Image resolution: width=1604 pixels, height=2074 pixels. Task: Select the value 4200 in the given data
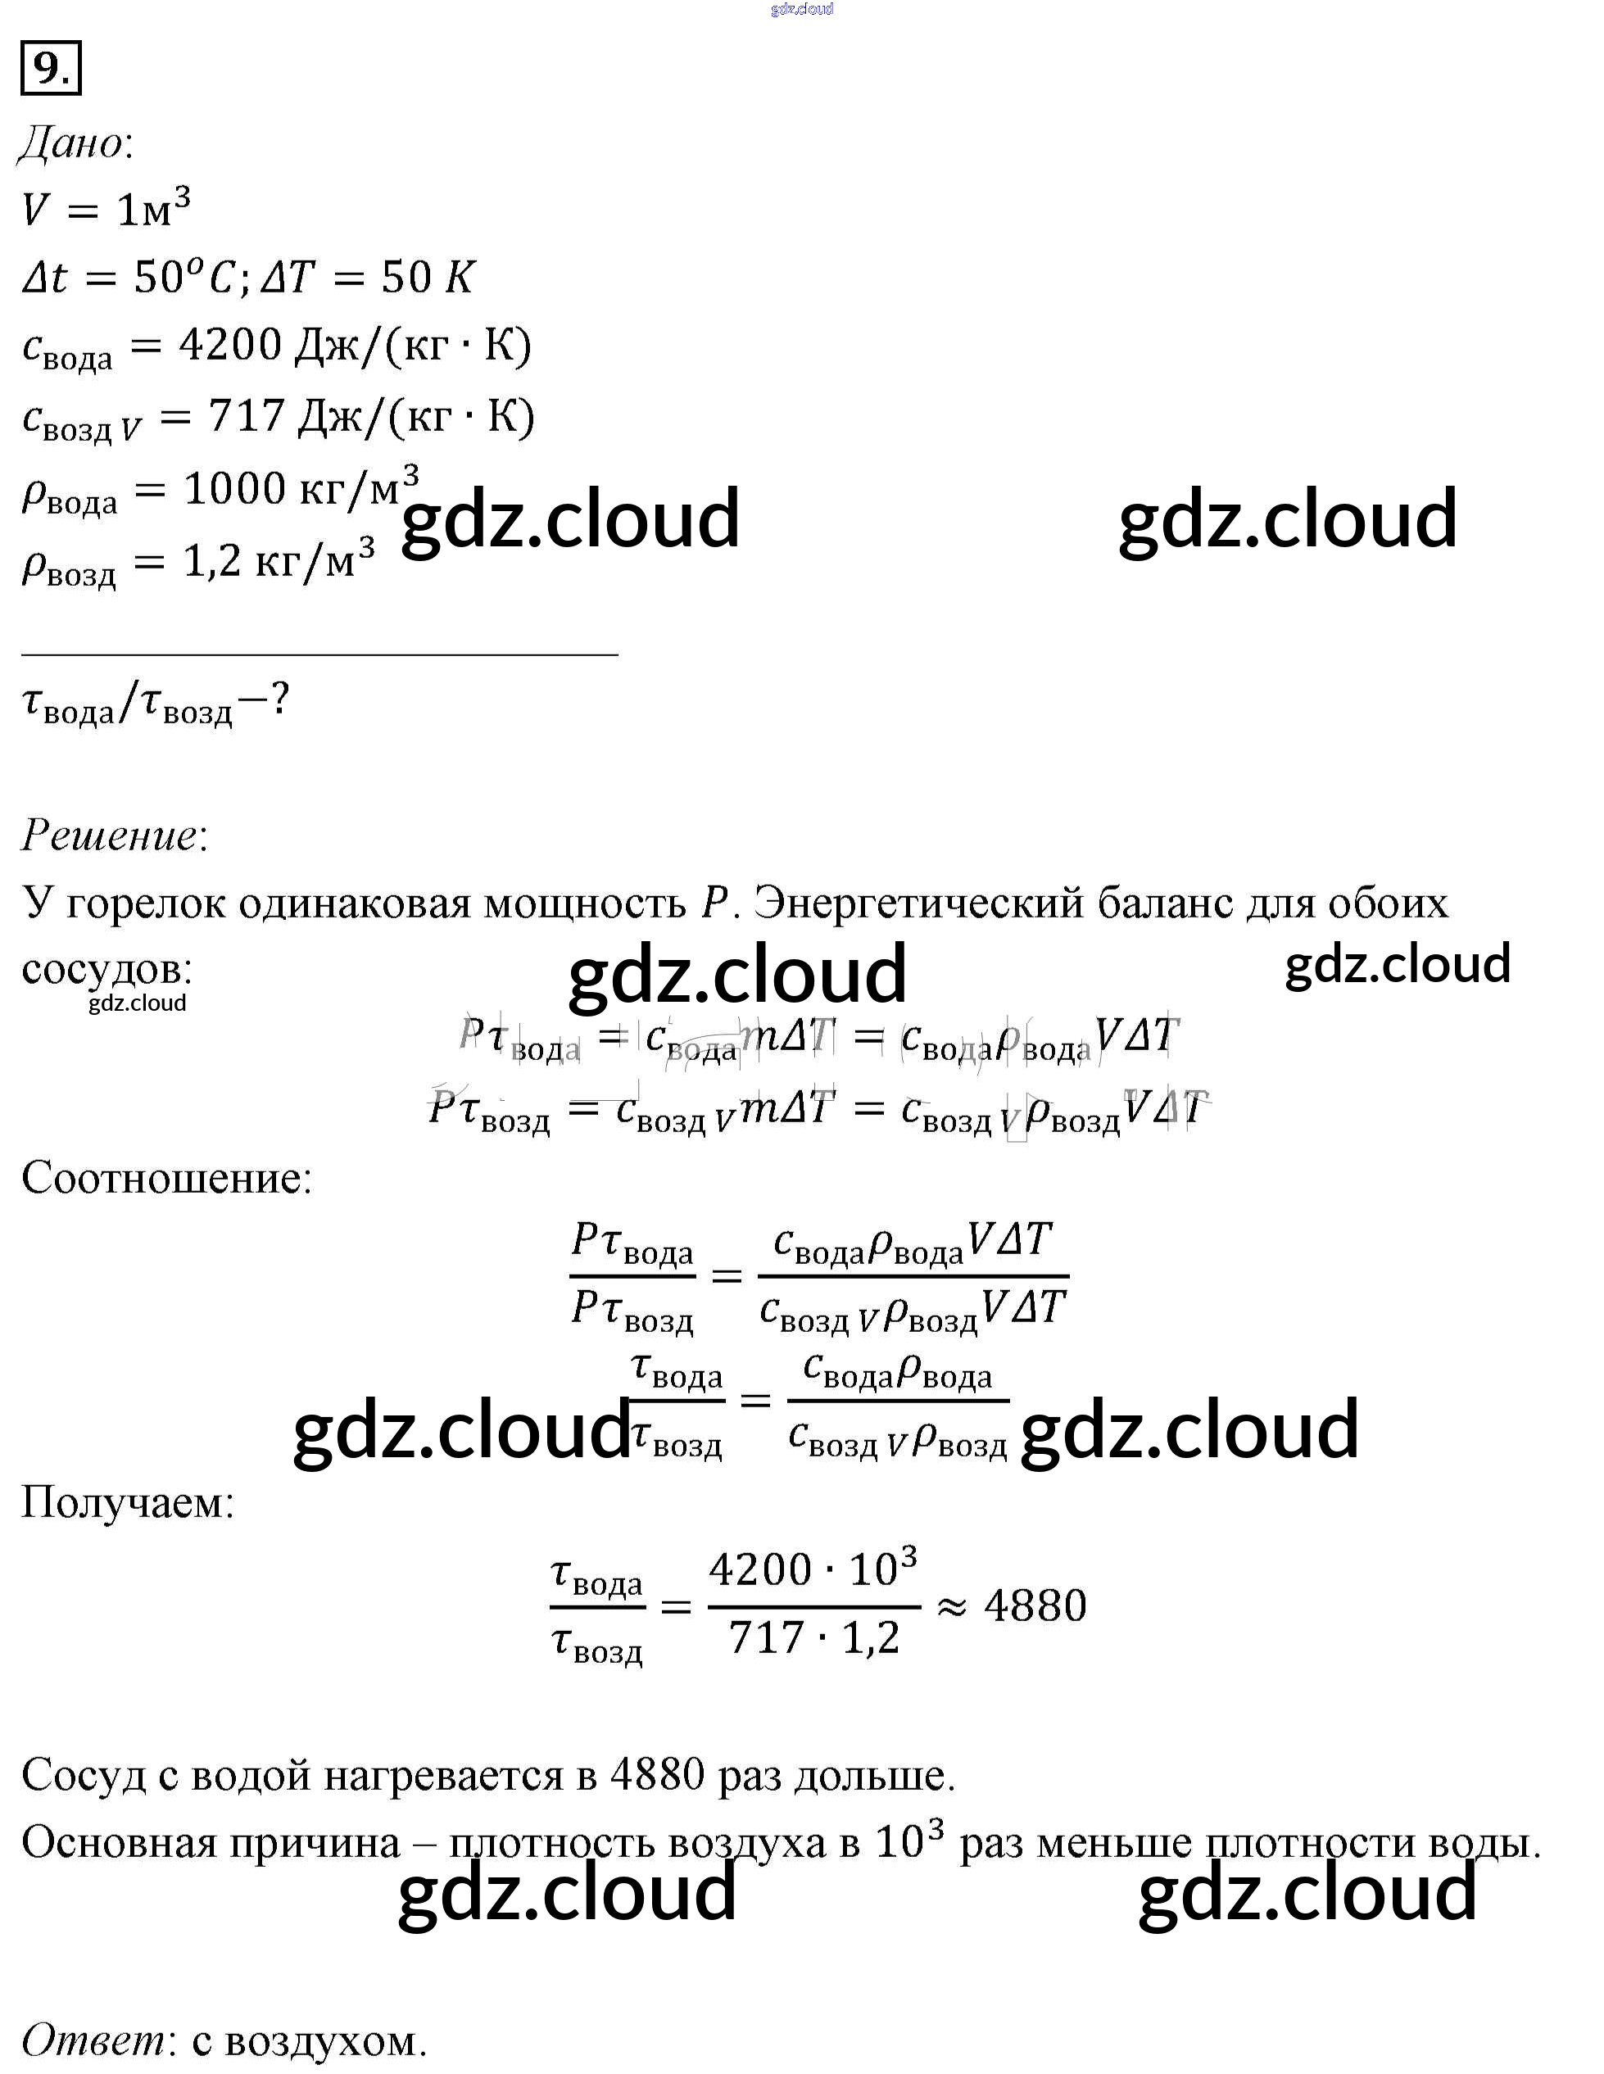[231, 345]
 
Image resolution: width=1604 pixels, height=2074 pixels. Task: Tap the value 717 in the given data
[246, 416]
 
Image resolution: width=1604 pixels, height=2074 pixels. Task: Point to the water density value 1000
[233, 489]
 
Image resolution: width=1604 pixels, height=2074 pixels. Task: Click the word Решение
[109, 835]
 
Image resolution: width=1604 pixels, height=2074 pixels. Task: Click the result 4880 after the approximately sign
[1034, 1605]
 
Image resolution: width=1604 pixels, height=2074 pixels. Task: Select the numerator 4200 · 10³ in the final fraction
[812, 1569]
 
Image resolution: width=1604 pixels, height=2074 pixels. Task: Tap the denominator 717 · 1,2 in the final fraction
[813, 1638]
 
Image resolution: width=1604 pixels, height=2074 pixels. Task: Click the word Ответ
[92, 2039]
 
